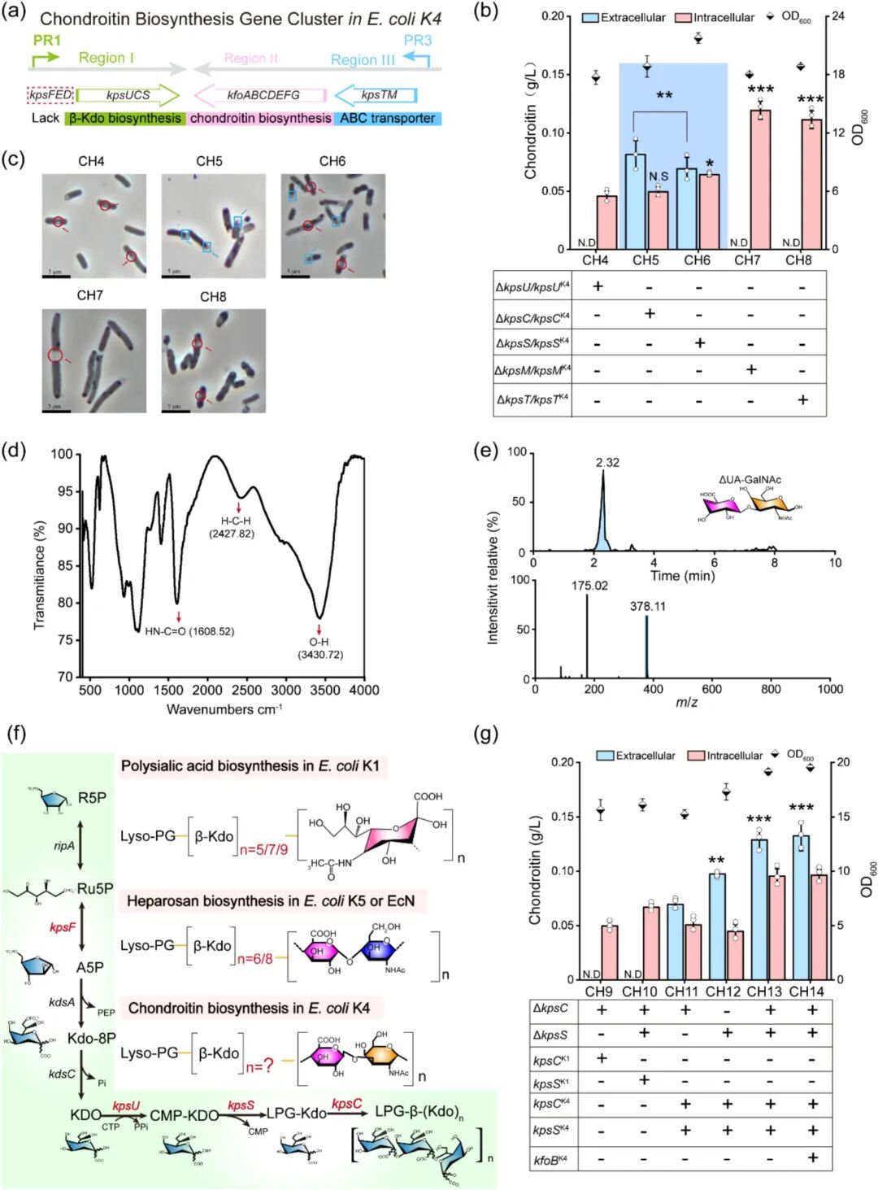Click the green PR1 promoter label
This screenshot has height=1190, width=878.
click(46, 40)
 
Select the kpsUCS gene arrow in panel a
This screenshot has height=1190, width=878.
click(128, 95)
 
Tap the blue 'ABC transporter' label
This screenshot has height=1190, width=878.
click(388, 119)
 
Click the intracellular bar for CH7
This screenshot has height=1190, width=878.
click(760, 179)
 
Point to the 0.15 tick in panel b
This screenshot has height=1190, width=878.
click(553, 74)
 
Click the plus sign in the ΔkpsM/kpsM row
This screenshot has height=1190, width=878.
click(751, 370)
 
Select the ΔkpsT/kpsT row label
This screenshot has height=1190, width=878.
click(532, 399)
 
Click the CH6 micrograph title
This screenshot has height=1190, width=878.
click(332, 161)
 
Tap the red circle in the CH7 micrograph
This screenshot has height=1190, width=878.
click(54, 355)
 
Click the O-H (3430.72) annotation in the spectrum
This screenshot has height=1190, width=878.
click(319, 648)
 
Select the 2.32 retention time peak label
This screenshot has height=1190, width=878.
click(606, 463)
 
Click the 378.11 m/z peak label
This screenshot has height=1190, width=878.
click(647, 606)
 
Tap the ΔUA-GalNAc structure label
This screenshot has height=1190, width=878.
click(750, 480)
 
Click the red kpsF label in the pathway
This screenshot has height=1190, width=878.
click(63, 927)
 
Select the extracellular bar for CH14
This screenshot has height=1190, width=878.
click(801, 907)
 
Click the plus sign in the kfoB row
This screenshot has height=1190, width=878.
click(811, 1157)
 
